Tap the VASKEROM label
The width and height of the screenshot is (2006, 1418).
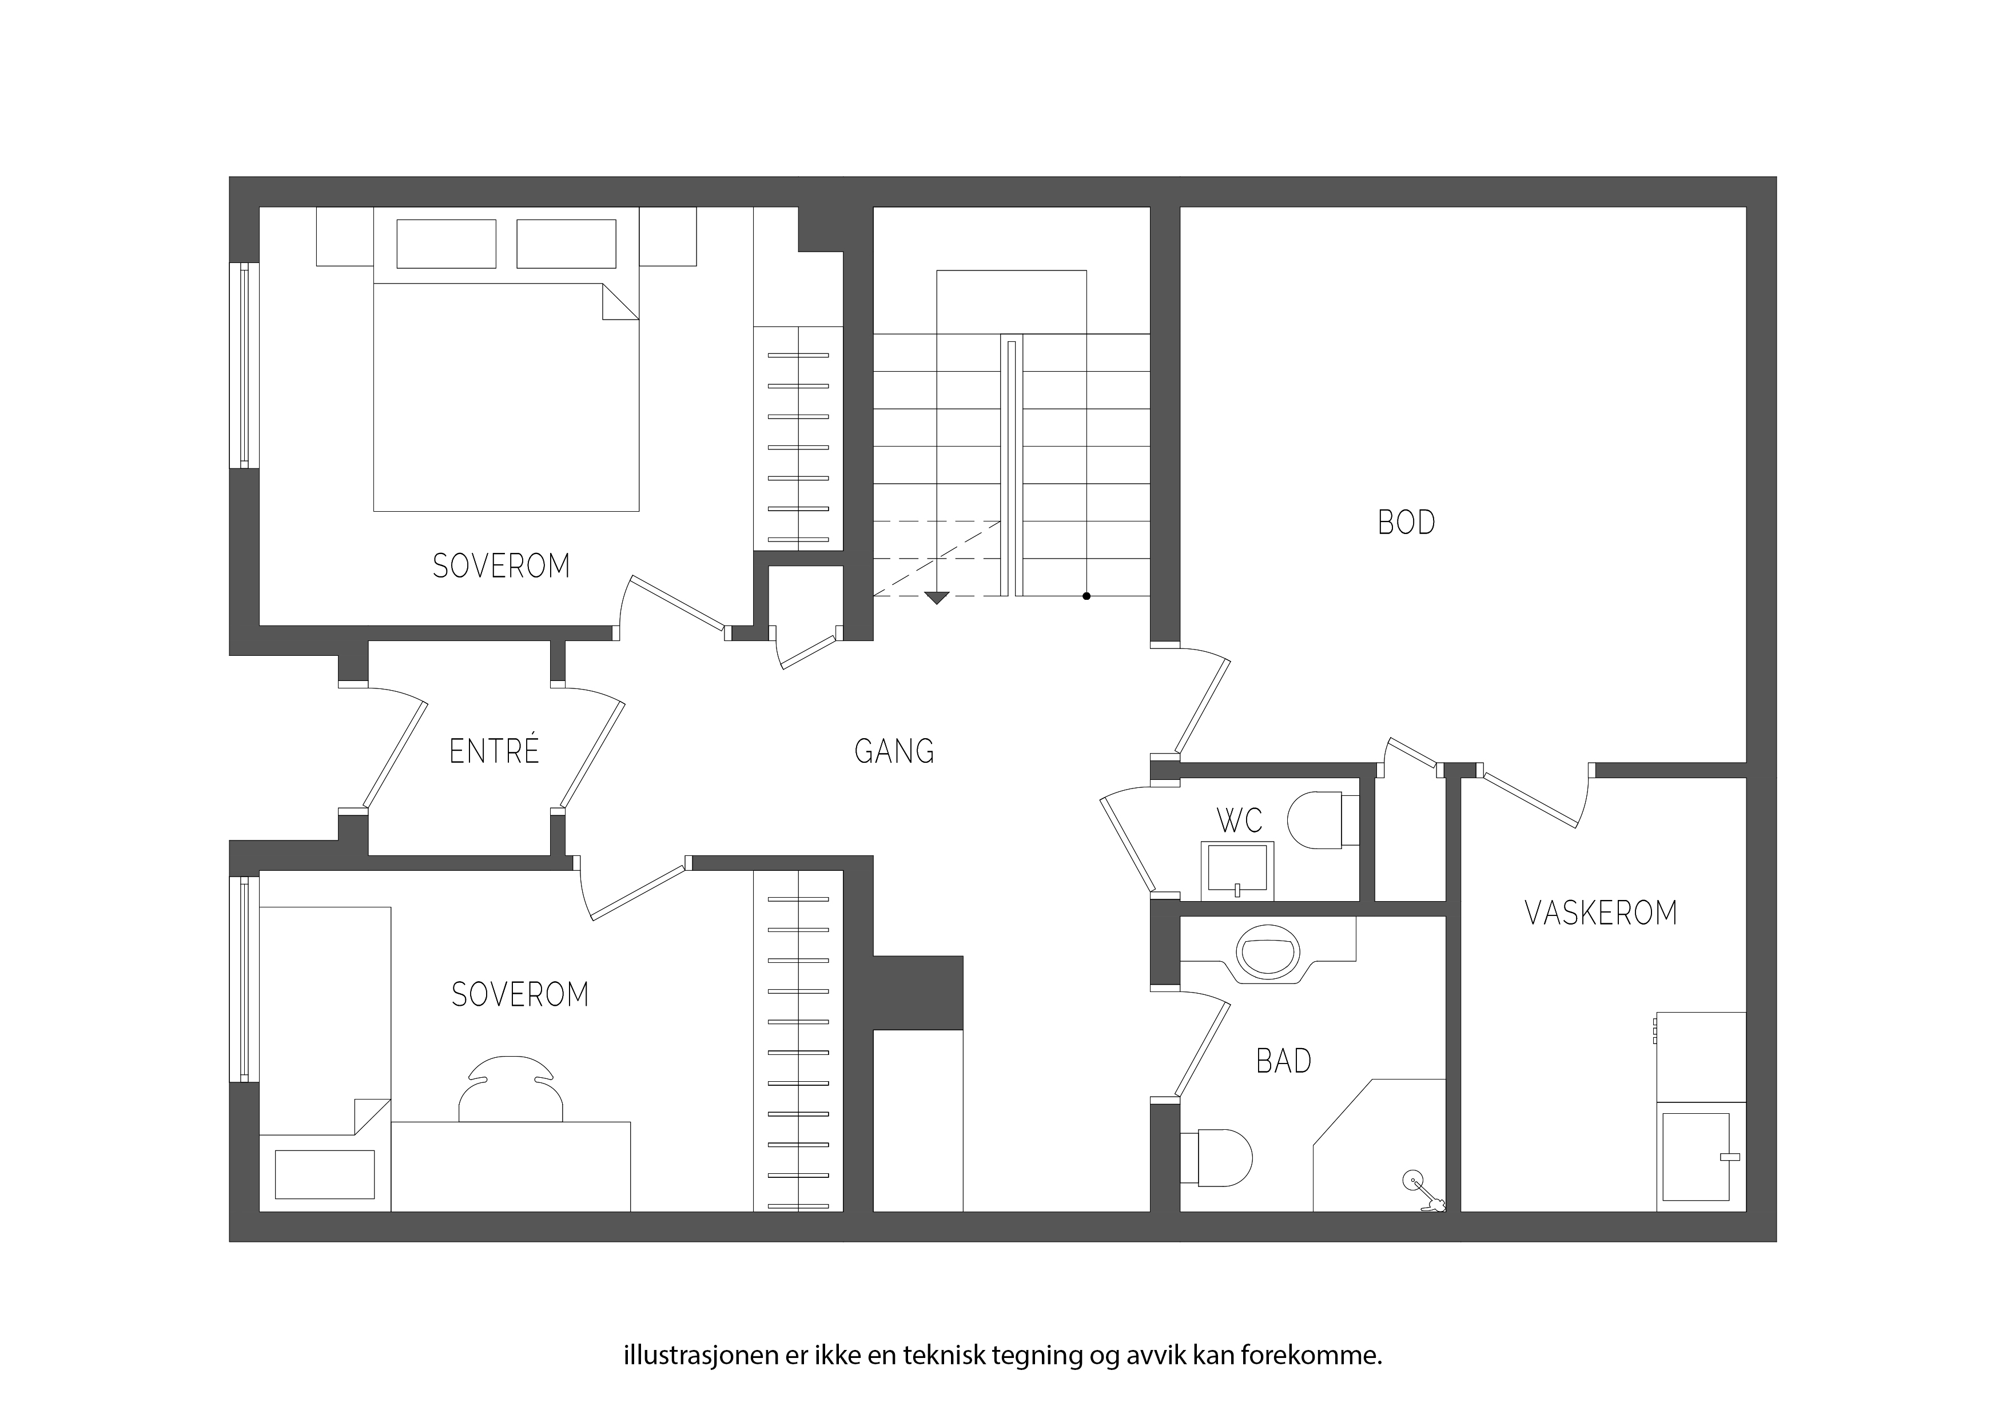pyautogui.click(x=1601, y=913)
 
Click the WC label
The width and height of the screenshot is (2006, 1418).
pyautogui.click(x=1239, y=820)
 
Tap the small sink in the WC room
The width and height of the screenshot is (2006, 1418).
pyautogui.click(x=1237, y=870)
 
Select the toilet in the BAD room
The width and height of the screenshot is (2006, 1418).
pyautogui.click(x=1215, y=1158)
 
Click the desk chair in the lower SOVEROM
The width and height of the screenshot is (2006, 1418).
pyautogui.click(x=511, y=1089)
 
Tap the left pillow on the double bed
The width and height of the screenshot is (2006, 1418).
pyautogui.click(x=447, y=244)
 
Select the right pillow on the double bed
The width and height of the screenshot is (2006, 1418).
pyautogui.click(x=566, y=244)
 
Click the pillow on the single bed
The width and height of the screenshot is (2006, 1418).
pyautogui.click(x=325, y=1174)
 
